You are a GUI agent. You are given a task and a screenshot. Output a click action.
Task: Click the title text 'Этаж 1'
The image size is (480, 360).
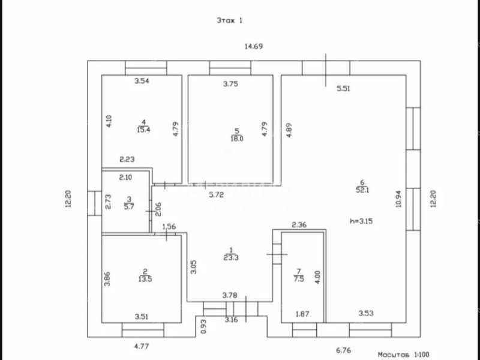229,20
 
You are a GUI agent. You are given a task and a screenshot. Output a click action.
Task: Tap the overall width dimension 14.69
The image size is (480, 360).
253,46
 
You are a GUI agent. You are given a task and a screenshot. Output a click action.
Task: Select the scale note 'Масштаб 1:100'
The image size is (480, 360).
403,355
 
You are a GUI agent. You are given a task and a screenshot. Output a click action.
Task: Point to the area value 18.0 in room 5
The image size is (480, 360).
237,139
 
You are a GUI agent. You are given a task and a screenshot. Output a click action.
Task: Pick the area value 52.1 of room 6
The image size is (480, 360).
362,190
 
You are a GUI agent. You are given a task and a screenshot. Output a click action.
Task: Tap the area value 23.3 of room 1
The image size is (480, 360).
230,258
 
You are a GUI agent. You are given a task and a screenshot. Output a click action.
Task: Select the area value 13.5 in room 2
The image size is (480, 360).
144,278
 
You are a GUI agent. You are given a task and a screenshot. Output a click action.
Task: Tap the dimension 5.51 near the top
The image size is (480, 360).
344,89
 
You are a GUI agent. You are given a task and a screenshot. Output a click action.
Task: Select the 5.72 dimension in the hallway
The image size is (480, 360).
217,195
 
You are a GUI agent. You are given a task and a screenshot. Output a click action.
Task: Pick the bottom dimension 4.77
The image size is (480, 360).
141,346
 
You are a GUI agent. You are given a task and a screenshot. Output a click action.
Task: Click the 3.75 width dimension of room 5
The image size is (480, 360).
230,84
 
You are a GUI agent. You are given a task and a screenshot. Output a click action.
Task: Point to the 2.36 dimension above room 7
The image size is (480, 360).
299,225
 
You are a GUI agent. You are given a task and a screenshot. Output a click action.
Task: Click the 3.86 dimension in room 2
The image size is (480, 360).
107,280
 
